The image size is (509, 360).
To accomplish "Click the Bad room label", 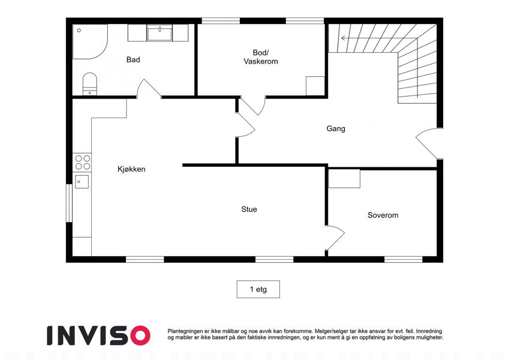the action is pyautogui.click(x=133, y=59).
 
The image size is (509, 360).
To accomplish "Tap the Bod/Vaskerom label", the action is pyautogui.click(x=261, y=57).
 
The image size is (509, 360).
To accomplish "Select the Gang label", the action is pyautogui.click(x=336, y=128).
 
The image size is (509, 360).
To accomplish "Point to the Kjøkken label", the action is pyautogui.click(x=131, y=169).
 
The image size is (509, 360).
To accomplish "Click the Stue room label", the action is pyautogui.click(x=249, y=209).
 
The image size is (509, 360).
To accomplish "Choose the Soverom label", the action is pyautogui.click(x=382, y=215).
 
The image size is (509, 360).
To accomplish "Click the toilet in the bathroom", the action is pyautogui.click(x=89, y=84).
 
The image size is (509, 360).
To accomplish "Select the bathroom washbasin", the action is pyautogui.click(x=159, y=33).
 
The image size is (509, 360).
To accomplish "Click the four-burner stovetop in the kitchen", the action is pyautogui.click(x=83, y=163).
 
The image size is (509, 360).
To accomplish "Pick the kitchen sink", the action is pyautogui.click(x=82, y=182).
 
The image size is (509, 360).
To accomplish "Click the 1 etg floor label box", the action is pyautogui.click(x=258, y=289).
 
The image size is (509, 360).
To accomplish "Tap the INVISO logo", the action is pyautogui.click(x=98, y=335).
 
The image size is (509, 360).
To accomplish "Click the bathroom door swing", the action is pyautogui.click(x=148, y=88).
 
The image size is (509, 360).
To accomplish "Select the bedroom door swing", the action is pyautogui.click(x=335, y=238).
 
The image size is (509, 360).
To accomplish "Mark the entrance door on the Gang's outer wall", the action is pyautogui.click(x=429, y=143).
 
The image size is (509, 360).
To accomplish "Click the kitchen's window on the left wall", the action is pyautogui.click(x=69, y=203).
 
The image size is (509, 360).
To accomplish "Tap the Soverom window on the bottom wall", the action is pyautogui.click(x=403, y=259).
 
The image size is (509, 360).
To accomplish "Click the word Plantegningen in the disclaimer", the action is pyautogui.click(x=185, y=331).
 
